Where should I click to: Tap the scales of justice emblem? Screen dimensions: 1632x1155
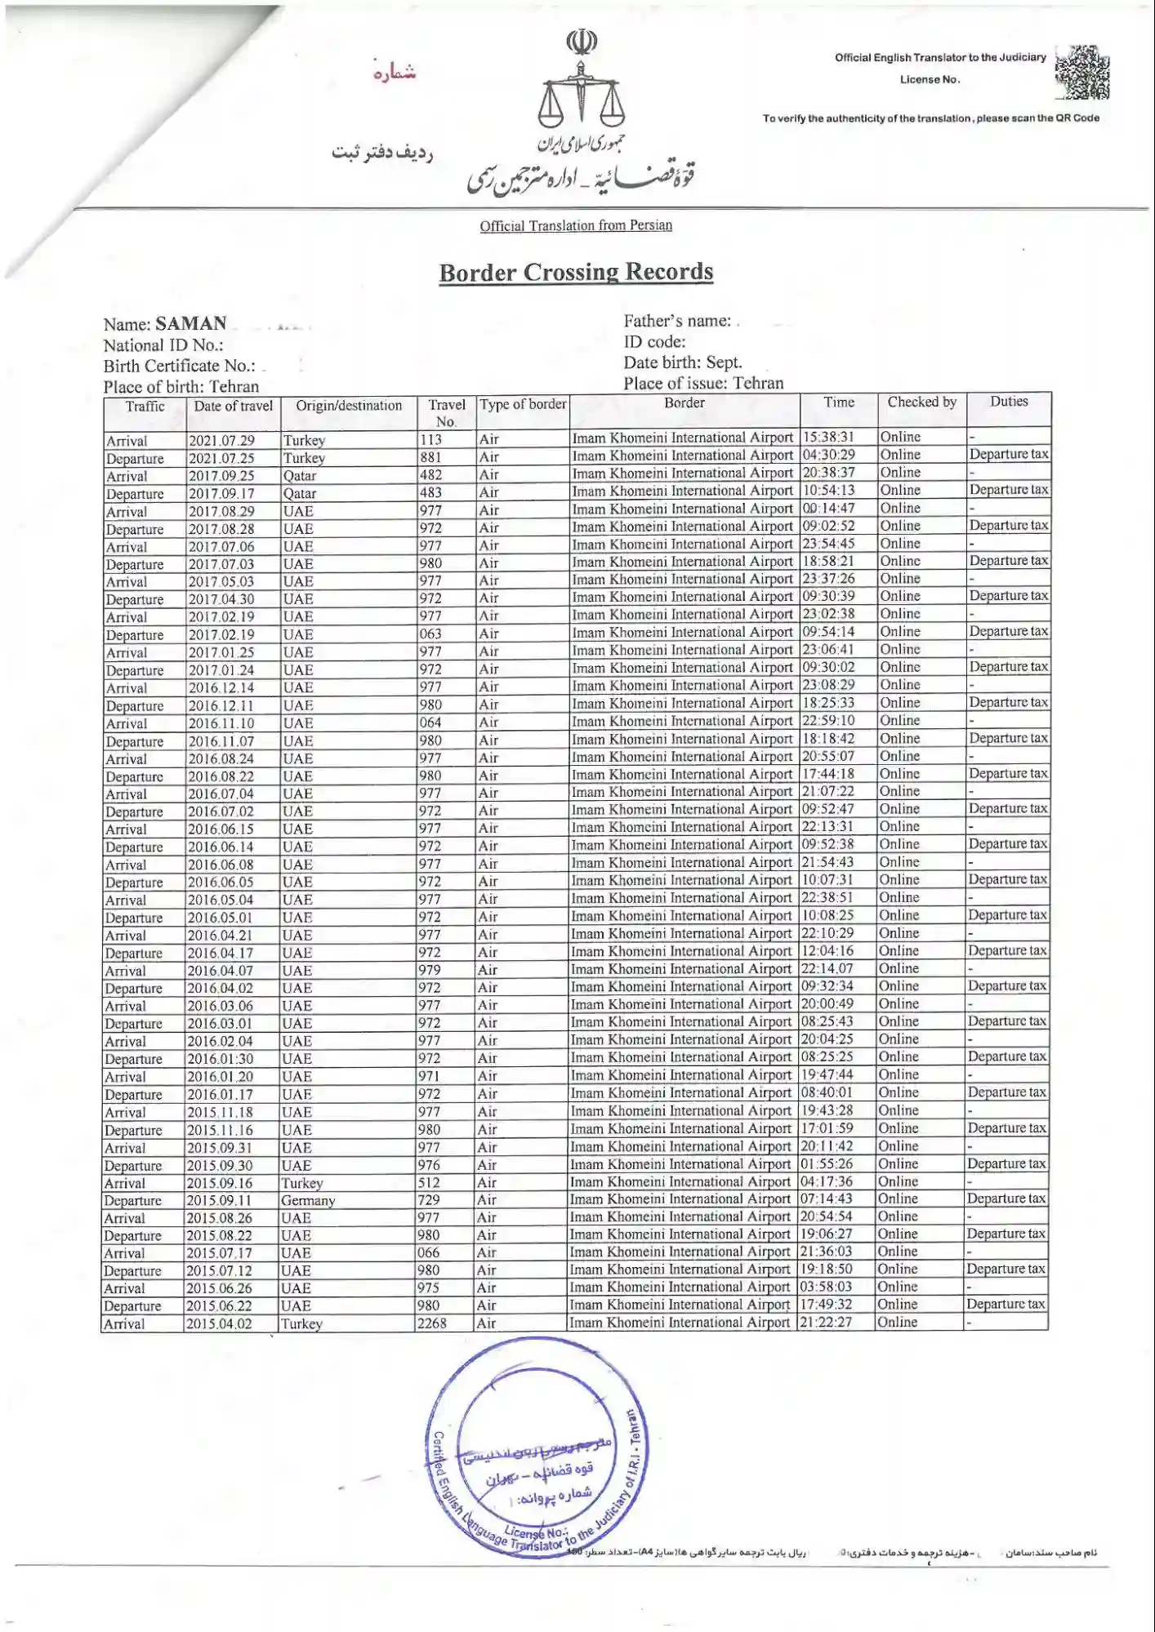click(x=581, y=89)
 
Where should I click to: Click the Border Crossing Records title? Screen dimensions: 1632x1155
click(x=576, y=273)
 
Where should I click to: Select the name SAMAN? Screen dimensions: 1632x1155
click(x=191, y=323)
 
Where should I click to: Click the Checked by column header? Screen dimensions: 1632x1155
click(x=921, y=402)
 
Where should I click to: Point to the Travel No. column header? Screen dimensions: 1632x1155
click(x=446, y=413)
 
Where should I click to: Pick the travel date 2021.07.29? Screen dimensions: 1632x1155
click(x=221, y=441)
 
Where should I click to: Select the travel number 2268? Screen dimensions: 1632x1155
click(x=432, y=1323)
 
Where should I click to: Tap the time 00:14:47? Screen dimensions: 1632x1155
click(x=828, y=509)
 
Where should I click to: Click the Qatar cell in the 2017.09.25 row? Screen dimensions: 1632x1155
click(x=300, y=476)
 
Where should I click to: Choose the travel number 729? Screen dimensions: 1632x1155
click(x=429, y=1200)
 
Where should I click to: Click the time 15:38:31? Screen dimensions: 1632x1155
click(x=828, y=438)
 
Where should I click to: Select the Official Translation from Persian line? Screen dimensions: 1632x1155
click(x=576, y=226)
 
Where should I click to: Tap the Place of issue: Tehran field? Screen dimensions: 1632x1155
click(x=703, y=384)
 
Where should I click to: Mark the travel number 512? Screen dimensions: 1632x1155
click(x=429, y=1183)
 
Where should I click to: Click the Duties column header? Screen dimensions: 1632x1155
click(x=1009, y=402)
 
